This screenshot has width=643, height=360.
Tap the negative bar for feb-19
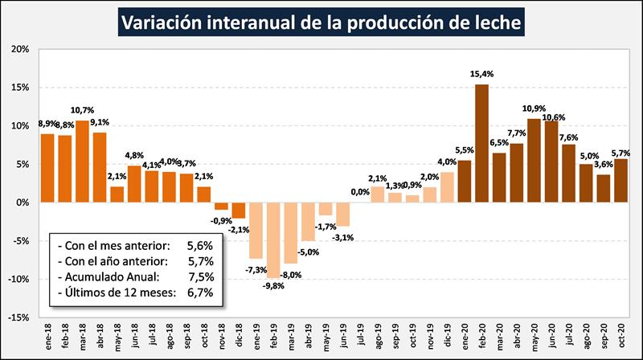[x=273, y=239]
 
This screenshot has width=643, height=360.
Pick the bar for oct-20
[x=620, y=181]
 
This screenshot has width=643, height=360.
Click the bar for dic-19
[x=447, y=187]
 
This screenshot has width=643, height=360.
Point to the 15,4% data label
[x=482, y=74]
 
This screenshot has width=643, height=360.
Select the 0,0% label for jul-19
[x=360, y=192]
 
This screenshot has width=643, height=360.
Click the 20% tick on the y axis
[x=19, y=49]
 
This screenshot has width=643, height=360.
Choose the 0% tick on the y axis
[x=23, y=202]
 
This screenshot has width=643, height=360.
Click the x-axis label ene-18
[x=47, y=336]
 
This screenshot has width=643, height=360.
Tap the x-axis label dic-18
[x=239, y=336]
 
